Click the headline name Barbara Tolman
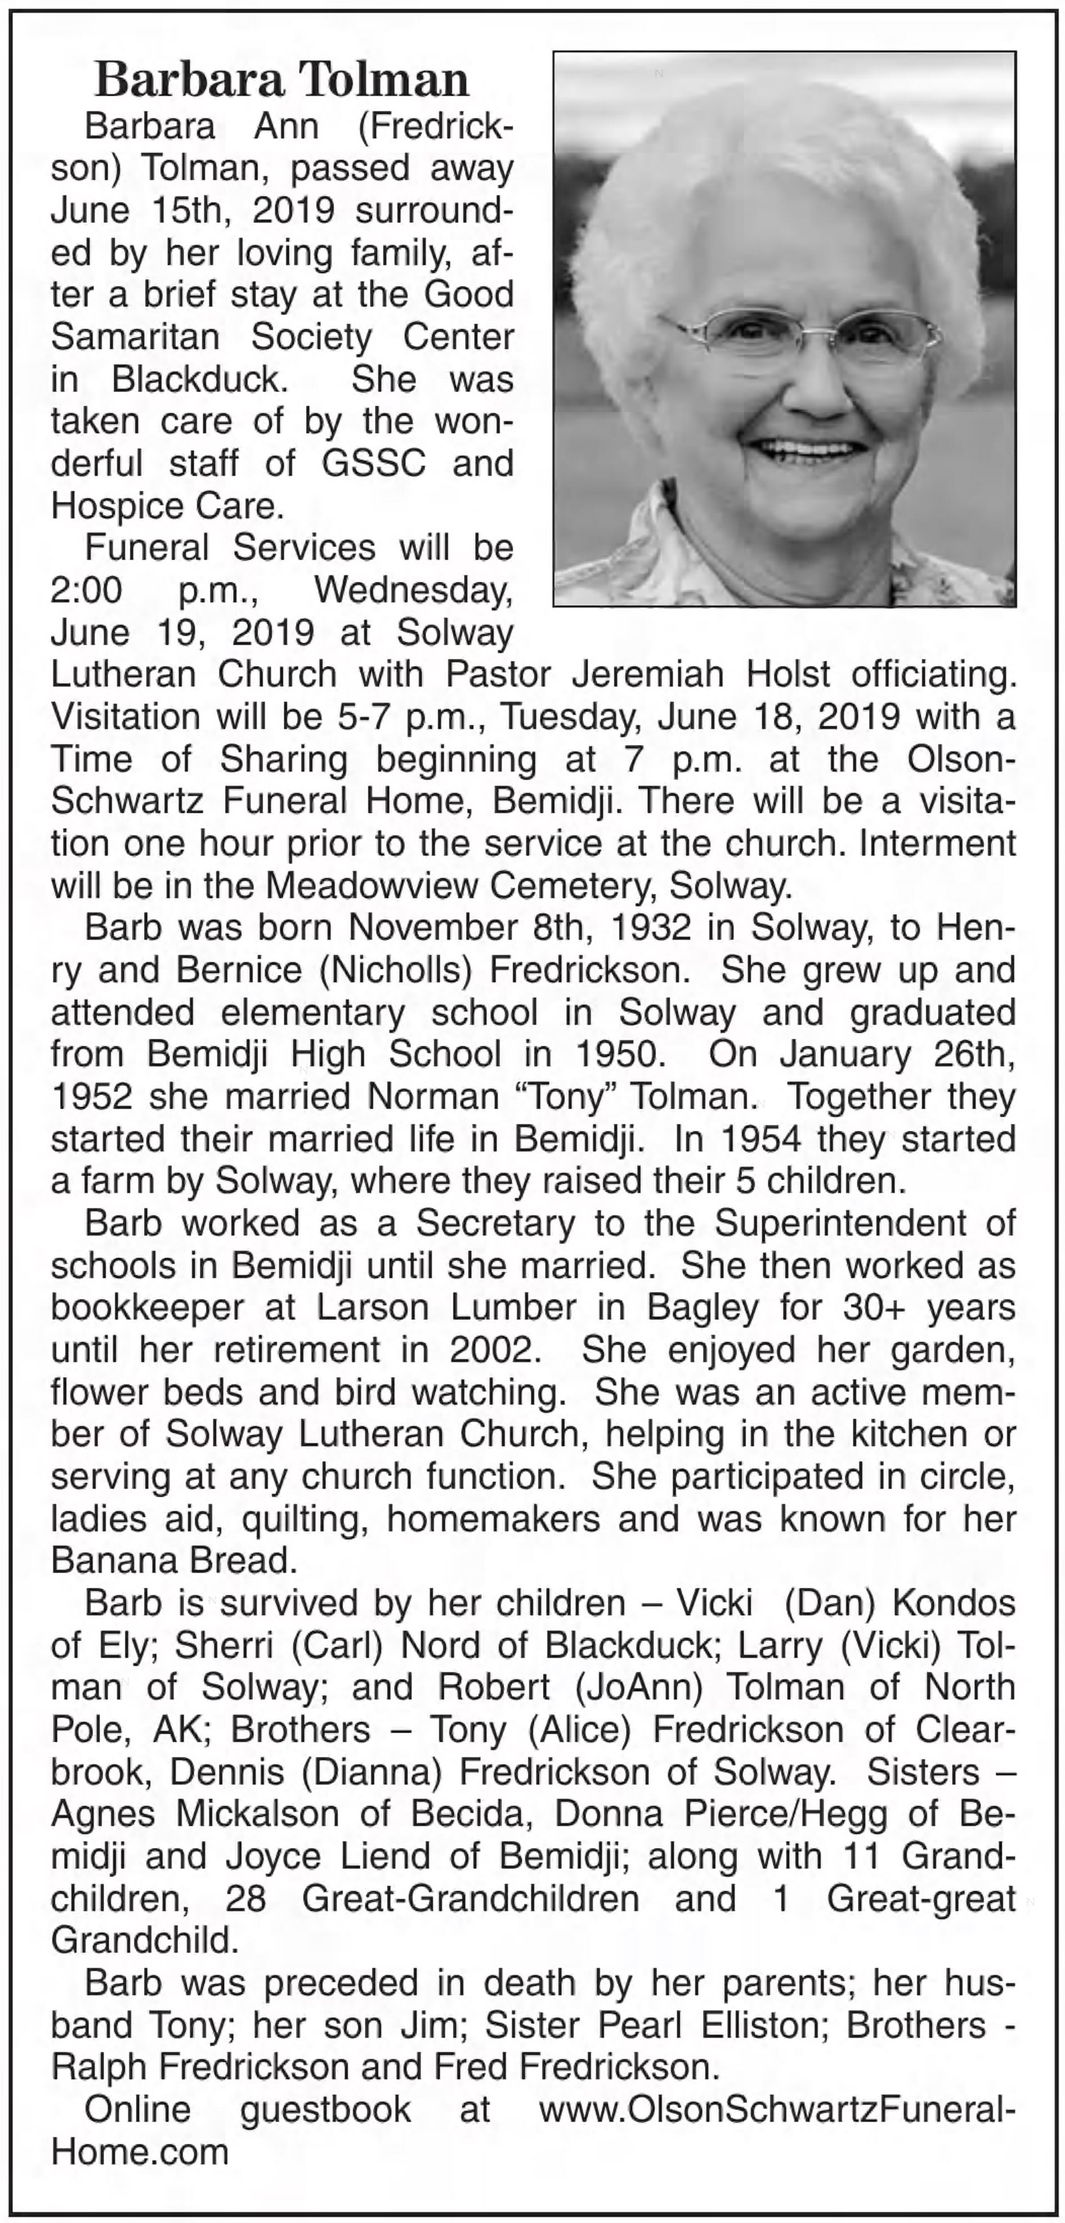click(282, 80)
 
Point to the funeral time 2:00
click(86, 591)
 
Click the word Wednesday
click(412, 591)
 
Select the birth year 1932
click(651, 928)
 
